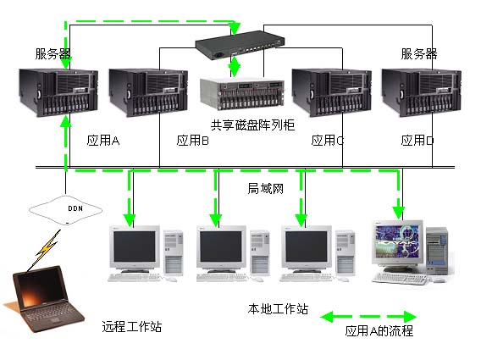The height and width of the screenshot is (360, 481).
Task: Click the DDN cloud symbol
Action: [65, 210]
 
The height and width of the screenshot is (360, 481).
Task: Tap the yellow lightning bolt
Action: [47, 247]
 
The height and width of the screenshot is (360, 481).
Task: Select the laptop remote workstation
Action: [44, 299]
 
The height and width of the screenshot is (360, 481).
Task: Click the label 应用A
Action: [102, 141]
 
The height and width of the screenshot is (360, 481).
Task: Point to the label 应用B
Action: [192, 141]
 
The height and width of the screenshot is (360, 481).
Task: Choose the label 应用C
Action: [328, 141]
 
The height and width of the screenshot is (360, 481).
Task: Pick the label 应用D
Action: [417, 141]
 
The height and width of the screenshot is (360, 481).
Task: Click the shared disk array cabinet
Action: [242, 94]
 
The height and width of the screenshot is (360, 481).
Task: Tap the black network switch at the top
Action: [240, 45]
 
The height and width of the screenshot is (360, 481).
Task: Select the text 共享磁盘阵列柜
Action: [252, 125]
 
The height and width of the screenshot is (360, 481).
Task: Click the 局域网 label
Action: [265, 188]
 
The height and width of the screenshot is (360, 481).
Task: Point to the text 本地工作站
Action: [278, 308]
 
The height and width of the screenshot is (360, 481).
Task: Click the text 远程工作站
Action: [131, 326]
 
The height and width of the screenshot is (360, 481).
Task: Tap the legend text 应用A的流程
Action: [379, 331]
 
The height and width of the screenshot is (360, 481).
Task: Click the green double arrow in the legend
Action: [368, 317]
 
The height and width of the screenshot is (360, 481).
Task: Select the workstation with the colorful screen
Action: [410, 252]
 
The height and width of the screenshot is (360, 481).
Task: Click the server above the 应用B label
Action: [148, 92]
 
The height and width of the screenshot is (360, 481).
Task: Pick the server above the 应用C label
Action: [331, 92]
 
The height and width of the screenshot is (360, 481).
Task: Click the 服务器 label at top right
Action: [418, 54]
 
